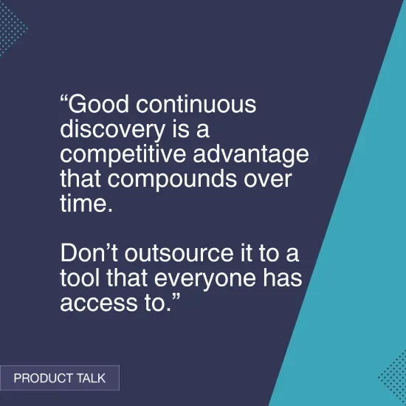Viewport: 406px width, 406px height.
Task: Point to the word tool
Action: tap(80, 280)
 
